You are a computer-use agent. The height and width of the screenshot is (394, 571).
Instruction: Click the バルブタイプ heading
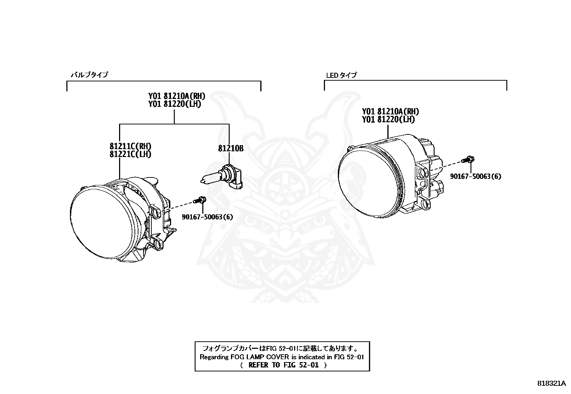[x=89, y=75]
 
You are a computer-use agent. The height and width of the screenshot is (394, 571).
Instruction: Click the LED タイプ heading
[x=341, y=75]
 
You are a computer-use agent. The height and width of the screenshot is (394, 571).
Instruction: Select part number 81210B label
[x=231, y=148]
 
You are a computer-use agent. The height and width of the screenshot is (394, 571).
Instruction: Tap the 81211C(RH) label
[x=130, y=146]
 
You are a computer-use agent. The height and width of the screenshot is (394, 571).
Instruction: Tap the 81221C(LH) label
[x=130, y=154]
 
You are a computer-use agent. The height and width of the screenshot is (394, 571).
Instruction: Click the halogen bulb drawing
[x=222, y=177]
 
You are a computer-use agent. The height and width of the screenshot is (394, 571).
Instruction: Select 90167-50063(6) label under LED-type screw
[x=476, y=176]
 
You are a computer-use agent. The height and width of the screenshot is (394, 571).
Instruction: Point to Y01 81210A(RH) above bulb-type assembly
[x=176, y=96]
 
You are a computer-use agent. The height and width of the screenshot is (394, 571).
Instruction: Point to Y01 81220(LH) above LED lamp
[x=388, y=119]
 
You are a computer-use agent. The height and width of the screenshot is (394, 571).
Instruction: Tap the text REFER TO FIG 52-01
[x=283, y=365]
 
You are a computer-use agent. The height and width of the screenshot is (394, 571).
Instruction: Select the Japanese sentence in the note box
[x=282, y=348]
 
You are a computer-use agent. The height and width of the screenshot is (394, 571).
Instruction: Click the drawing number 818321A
[x=551, y=383]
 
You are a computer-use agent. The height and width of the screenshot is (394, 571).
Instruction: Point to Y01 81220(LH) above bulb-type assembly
[x=175, y=104]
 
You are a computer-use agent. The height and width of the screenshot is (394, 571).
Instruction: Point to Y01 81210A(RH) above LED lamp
[x=390, y=111]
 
